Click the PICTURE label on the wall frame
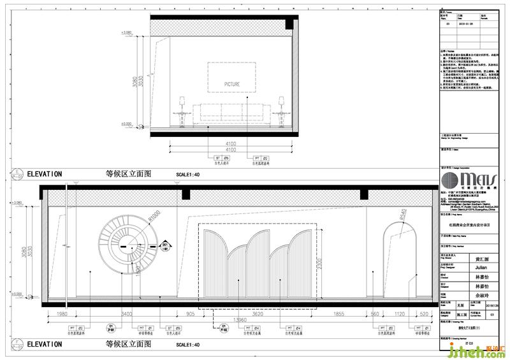click(x=232, y=83)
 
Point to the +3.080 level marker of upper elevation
click(x=126, y=32)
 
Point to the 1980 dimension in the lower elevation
click(x=62, y=313)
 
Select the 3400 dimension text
click(x=127, y=313)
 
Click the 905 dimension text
click(x=190, y=313)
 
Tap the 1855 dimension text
click(x=338, y=313)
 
